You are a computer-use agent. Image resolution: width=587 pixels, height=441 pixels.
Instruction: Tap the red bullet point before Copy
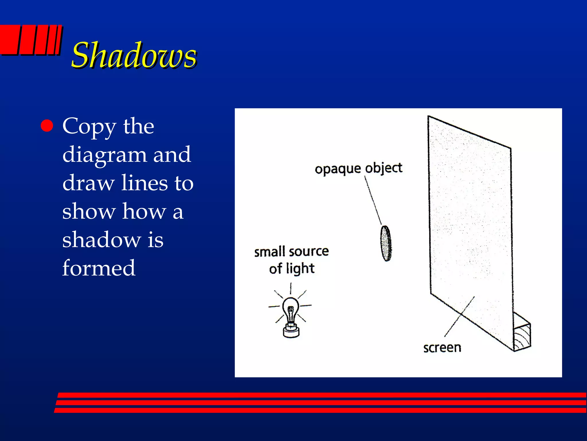[47, 125]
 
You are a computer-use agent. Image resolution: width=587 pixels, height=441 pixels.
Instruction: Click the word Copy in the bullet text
[89, 126]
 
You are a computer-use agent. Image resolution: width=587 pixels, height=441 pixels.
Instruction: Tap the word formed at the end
[99, 268]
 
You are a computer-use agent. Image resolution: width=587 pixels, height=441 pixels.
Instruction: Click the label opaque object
[359, 169]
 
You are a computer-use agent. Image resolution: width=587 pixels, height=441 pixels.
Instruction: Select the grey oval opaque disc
[386, 243]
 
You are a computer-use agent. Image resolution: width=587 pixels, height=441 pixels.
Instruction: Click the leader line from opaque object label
[373, 201]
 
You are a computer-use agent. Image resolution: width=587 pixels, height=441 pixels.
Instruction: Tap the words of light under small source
[291, 268]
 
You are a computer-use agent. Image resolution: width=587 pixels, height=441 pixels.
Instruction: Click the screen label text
[442, 348]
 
